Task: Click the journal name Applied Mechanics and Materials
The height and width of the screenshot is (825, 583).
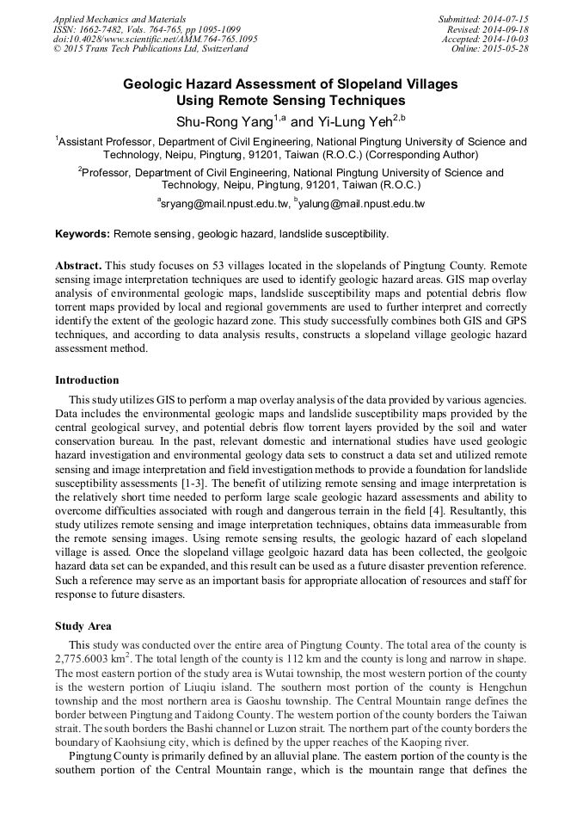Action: point(119,18)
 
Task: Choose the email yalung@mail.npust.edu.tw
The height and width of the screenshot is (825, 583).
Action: point(362,204)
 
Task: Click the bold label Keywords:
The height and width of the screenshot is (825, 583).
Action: point(83,234)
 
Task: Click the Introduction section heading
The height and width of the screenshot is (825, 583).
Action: point(87,379)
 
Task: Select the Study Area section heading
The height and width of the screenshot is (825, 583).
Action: point(83,626)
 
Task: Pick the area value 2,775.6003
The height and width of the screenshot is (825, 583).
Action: point(89,657)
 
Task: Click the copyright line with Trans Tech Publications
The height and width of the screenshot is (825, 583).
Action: point(150,49)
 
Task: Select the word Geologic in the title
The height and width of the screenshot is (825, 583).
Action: point(153,84)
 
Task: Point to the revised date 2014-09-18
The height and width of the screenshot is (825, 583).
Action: point(505,28)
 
